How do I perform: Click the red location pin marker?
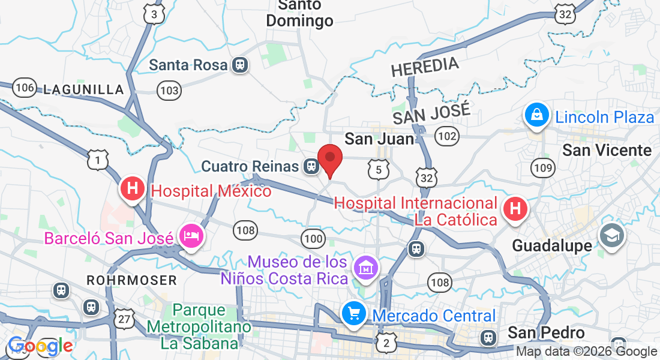(329, 160)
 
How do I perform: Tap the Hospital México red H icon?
(133, 189)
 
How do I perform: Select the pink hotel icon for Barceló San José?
(191, 236)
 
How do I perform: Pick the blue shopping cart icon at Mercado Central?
(354, 313)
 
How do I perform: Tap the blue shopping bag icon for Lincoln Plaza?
(537, 114)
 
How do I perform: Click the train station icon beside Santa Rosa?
(239, 65)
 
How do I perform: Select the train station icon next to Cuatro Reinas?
(311, 166)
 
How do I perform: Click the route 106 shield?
(25, 88)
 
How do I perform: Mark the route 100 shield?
(313, 238)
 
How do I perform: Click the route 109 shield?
(543, 168)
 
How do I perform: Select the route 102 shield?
(447, 137)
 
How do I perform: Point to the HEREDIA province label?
(425, 67)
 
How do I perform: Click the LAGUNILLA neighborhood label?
(83, 90)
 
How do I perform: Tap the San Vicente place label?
(607, 150)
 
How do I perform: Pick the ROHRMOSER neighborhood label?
(131, 280)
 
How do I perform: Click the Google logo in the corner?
(40, 346)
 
